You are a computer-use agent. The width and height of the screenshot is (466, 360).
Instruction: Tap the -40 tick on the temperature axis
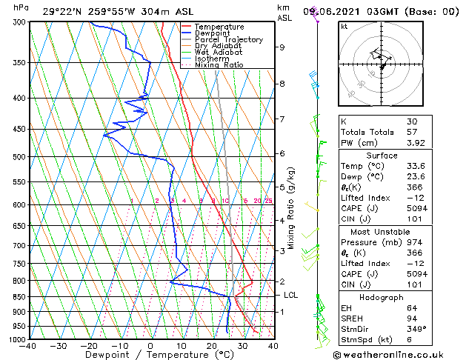click(x=28, y=346)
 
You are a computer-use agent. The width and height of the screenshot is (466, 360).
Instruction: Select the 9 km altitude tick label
click(x=282, y=47)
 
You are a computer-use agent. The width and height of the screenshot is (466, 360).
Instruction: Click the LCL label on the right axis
click(x=291, y=295)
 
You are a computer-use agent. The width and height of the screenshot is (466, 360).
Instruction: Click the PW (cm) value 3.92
click(x=416, y=143)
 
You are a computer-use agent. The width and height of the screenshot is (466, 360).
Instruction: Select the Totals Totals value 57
click(x=412, y=132)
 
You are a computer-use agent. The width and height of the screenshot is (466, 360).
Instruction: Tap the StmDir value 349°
click(x=416, y=329)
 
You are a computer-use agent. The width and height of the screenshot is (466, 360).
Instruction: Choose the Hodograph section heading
click(x=382, y=297)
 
